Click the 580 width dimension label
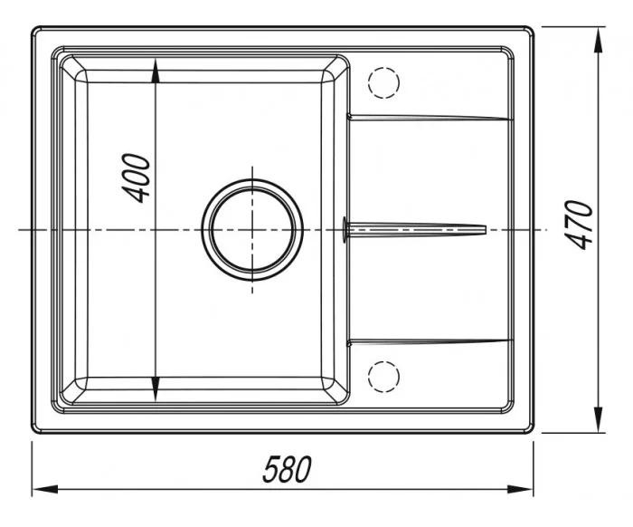(287, 469)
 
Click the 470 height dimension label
(580, 225)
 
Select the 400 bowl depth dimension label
(136, 177)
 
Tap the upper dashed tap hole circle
(383, 82)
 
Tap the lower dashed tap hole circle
(383, 377)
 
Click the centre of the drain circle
(252, 230)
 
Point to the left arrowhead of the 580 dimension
(45, 489)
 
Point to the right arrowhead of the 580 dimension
(520, 489)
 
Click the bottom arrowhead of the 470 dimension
(599, 419)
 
